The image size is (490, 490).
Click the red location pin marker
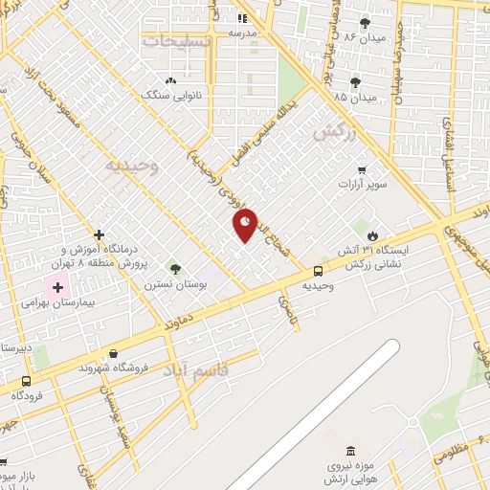point(246,224)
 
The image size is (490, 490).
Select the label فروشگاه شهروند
point(113,367)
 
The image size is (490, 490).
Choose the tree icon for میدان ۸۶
point(365,23)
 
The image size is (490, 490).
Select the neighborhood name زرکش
point(334,132)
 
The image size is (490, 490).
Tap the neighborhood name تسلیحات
point(173,41)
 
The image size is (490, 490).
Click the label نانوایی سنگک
point(168,95)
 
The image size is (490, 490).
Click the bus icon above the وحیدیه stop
point(318,271)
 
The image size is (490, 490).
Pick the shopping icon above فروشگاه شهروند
point(114,353)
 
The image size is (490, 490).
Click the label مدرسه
point(242,33)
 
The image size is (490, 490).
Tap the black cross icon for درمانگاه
point(99,234)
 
